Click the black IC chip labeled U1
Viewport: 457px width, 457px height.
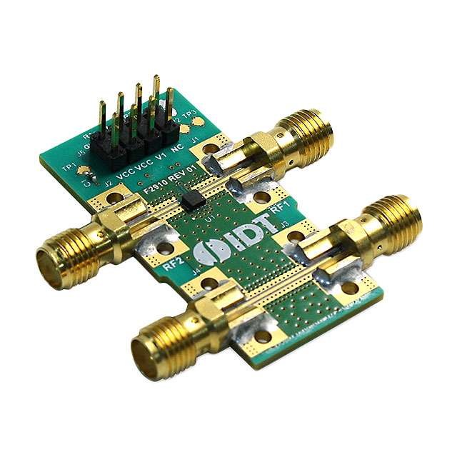[191, 199]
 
